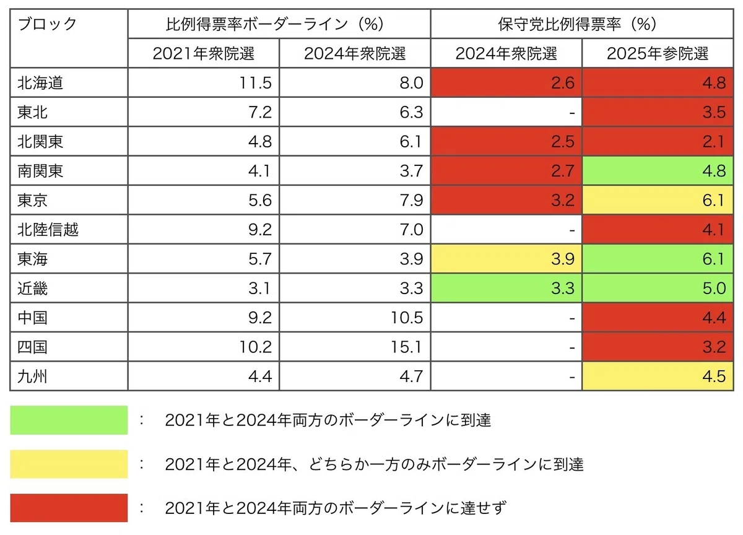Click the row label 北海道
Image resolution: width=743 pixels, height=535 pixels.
coord(40,82)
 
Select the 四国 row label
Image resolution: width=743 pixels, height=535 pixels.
coord(32,347)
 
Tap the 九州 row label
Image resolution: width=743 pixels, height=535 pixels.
coord(32,376)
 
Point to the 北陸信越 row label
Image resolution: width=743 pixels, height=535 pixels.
coord(48,230)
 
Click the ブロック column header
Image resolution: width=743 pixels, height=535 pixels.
coord(48,24)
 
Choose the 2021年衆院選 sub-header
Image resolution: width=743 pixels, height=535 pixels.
coord(203,53)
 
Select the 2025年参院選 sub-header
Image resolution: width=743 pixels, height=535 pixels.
coord(658,53)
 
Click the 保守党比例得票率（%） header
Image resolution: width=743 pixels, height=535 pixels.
coord(578,24)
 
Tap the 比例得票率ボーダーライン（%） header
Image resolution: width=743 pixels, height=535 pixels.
coord(275,24)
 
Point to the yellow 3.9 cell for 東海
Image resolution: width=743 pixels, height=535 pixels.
coord(506,259)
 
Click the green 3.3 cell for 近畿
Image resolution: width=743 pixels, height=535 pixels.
coord(506,288)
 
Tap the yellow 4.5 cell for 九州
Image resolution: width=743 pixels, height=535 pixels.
coord(658,376)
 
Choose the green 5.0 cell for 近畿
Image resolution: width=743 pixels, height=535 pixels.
coord(658,288)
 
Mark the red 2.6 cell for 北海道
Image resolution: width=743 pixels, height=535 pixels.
coord(506,82)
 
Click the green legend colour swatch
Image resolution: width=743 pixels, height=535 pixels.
coord(69,420)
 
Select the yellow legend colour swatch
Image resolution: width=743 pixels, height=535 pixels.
coord(69,464)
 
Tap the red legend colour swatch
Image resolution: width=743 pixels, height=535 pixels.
coord(69,508)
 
